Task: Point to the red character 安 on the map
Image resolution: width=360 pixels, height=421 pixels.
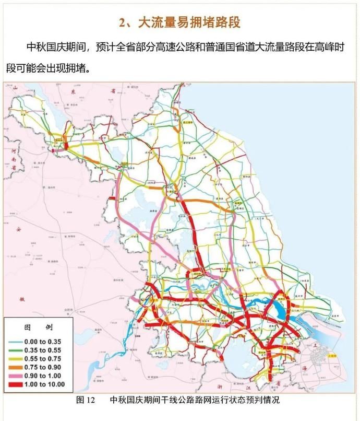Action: pos(18,229)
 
